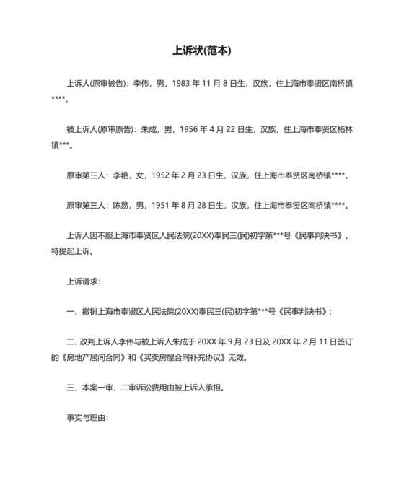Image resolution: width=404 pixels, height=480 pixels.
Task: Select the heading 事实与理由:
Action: [87, 418]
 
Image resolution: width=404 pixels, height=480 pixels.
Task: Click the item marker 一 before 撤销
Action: [70, 313]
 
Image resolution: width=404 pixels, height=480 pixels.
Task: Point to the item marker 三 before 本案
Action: [70, 388]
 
